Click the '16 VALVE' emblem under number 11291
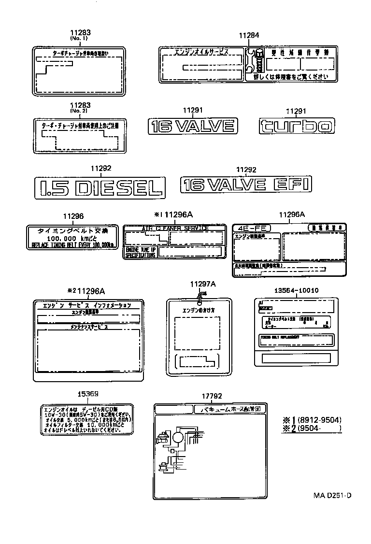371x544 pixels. [192, 126]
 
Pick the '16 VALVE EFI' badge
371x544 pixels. [246, 185]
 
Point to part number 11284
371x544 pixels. [249, 35]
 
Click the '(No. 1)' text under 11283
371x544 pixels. [80, 38]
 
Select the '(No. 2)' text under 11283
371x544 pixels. [80, 111]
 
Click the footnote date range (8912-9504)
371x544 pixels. [319, 420]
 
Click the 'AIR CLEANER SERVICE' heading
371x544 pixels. [174, 228]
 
